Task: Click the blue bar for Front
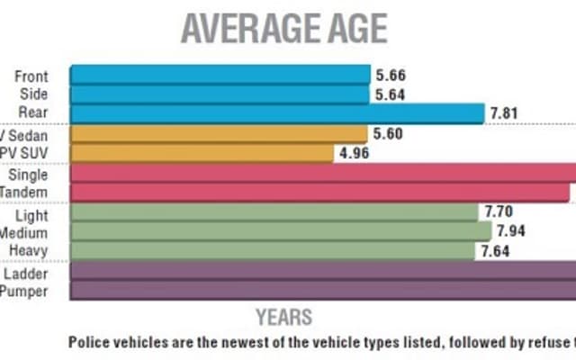pyautogui.click(x=220, y=75)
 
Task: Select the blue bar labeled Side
pyautogui.click(x=220, y=94)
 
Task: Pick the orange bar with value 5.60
pyautogui.click(x=218, y=134)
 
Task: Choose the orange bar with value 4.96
pyautogui.click(x=202, y=152)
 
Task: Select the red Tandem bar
pyautogui.click(x=319, y=192)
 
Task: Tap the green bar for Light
pyautogui.click(x=274, y=213)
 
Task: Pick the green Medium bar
pyautogui.click(x=280, y=231)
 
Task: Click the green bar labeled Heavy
pyautogui.click(x=272, y=250)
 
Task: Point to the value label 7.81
pyautogui.click(x=507, y=113)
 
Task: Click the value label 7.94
pyautogui.click(x=510, y=232)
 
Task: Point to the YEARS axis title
pyautogui.click(x=283, y=317)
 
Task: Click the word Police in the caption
pyautogui.click(x=89, y=342)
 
